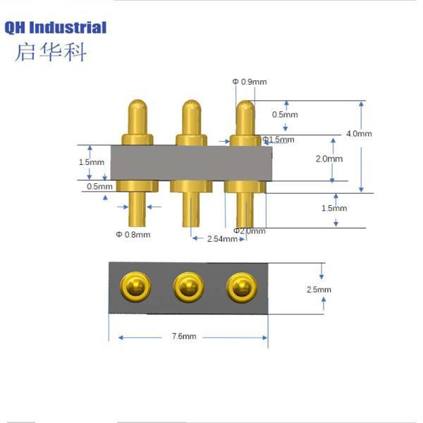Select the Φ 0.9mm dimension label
tap(249, 82)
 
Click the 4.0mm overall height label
tap(359, 133)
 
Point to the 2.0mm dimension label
tap(328, 159)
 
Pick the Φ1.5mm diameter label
tap(278, 140)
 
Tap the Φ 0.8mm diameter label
tap(133, 234)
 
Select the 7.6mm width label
tap(184, 337)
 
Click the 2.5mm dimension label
tap(319, 290)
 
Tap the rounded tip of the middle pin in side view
tap(190, 106)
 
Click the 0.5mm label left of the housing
tap(99, 187)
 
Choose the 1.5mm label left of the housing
tap(91, 162)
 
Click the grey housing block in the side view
tap(190, 162)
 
